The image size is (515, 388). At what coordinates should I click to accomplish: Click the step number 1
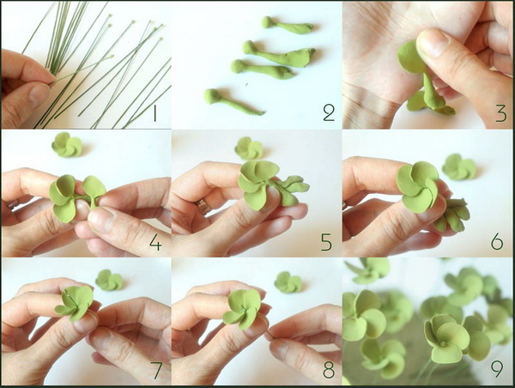154,113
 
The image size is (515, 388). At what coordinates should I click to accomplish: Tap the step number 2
329,113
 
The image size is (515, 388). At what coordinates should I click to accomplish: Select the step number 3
501,113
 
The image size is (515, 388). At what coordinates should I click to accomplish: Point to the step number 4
155,243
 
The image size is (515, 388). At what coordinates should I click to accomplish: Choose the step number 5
326,242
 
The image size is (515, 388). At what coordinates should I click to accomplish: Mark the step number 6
497,242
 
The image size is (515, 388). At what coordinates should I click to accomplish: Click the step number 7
157,370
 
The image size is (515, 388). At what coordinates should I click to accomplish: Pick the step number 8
329,369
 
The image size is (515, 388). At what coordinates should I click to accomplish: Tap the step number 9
497,369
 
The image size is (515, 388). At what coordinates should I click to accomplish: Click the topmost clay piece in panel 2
287,26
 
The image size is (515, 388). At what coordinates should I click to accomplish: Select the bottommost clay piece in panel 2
233,101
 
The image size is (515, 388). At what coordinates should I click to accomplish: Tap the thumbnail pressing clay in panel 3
433,42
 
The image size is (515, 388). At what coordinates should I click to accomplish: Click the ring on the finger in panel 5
202,206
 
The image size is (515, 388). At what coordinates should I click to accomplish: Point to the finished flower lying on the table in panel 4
67,144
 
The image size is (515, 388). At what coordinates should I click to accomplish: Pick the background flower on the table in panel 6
459,167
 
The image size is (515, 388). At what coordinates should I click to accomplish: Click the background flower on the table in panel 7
109,280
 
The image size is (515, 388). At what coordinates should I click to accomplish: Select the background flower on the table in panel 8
288,282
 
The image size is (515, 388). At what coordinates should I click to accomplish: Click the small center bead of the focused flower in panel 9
443,344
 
